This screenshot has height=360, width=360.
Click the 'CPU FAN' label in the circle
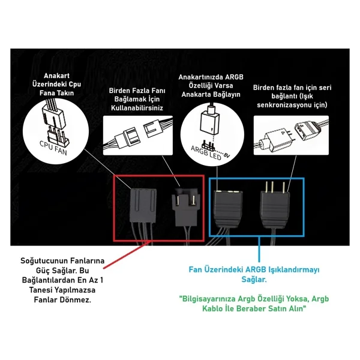coord(53,148)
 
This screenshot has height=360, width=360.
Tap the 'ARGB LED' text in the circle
coord(206,153)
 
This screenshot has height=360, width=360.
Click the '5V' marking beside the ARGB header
coord(226,155)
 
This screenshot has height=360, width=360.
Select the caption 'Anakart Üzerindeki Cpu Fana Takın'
coord(56,84)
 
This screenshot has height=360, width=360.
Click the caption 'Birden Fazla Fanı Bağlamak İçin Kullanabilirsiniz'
coord(137,99)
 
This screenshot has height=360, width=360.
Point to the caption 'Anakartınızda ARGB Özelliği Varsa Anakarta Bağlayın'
coord(211,86)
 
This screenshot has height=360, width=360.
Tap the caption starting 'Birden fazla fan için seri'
coord(292,96)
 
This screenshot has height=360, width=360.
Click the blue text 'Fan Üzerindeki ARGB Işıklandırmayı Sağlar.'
coord(254,274)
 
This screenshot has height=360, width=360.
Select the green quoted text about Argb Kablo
coord(254,304)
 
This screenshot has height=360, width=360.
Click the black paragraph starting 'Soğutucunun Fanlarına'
coord(62,280)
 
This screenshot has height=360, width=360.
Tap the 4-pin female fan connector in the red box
coord(143,205)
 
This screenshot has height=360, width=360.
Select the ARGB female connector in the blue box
coord(228,208)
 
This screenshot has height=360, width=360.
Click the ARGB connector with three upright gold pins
coord(275,205)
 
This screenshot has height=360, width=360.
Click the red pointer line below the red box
coord(127,254)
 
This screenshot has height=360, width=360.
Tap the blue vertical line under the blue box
coord(259,249)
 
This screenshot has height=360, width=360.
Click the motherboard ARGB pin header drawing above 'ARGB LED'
coord(208,145)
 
